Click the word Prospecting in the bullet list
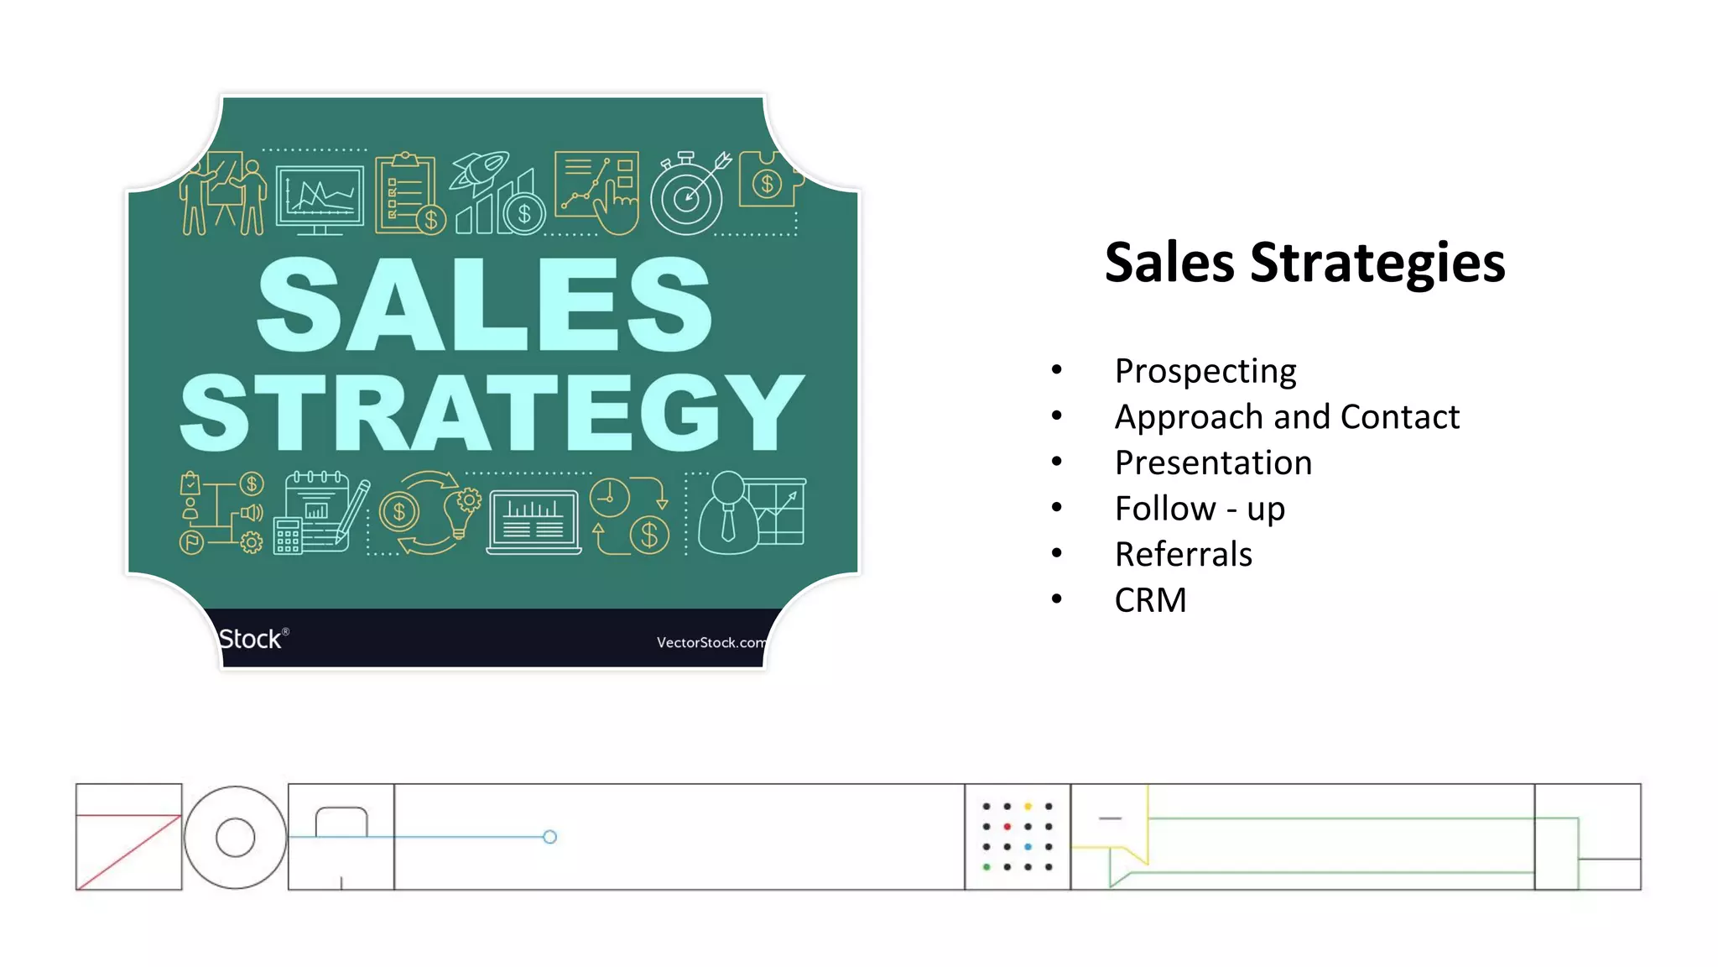(1205, 371)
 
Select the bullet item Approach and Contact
(1287, 417)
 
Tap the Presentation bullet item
(1213, 463)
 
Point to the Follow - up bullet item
(1200, 509)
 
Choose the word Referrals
(1183, 554)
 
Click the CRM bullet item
(1150, 600)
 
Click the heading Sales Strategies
(1304, 263)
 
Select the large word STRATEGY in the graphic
(492, 413)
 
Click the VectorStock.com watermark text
(711, 642)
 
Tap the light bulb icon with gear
(462, 513)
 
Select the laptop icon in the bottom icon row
(534, 522)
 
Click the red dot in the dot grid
(1007, 827)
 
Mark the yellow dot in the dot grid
(1028, 807)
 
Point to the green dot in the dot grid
(987, 867)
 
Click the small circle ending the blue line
(549, 837)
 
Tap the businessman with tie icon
(727, 513)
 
